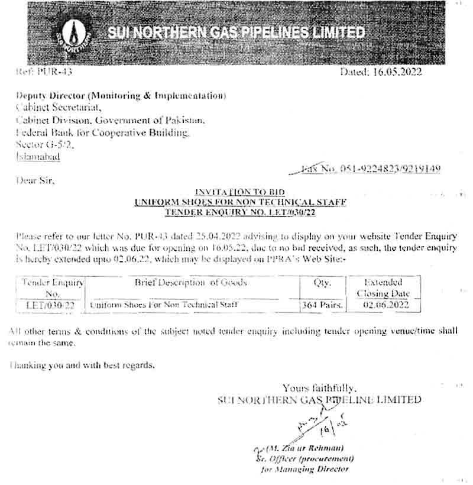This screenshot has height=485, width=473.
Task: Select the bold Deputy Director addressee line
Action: [x=121, y=95]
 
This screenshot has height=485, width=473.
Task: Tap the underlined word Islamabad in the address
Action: [x=38, y=157]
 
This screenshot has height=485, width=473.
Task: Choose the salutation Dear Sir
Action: [x=34, y=181]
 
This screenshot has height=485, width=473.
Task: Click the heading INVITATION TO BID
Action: [x=239, y=192]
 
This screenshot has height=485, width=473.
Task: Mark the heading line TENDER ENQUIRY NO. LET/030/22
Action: [x=239, y=211]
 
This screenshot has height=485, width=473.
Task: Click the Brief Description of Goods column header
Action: [x=190, y=283]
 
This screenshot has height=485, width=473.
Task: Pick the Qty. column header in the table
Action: [x=323, y=283]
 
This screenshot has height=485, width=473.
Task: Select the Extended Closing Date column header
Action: [x=383, y=288]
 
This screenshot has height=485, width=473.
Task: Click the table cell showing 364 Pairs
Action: [x=323, y=305]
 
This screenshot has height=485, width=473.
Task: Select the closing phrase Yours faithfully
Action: [x=319, y=389]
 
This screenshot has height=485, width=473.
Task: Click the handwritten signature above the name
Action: [x=316, y=426]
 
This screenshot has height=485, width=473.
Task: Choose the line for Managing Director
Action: [x=304, y=469]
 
